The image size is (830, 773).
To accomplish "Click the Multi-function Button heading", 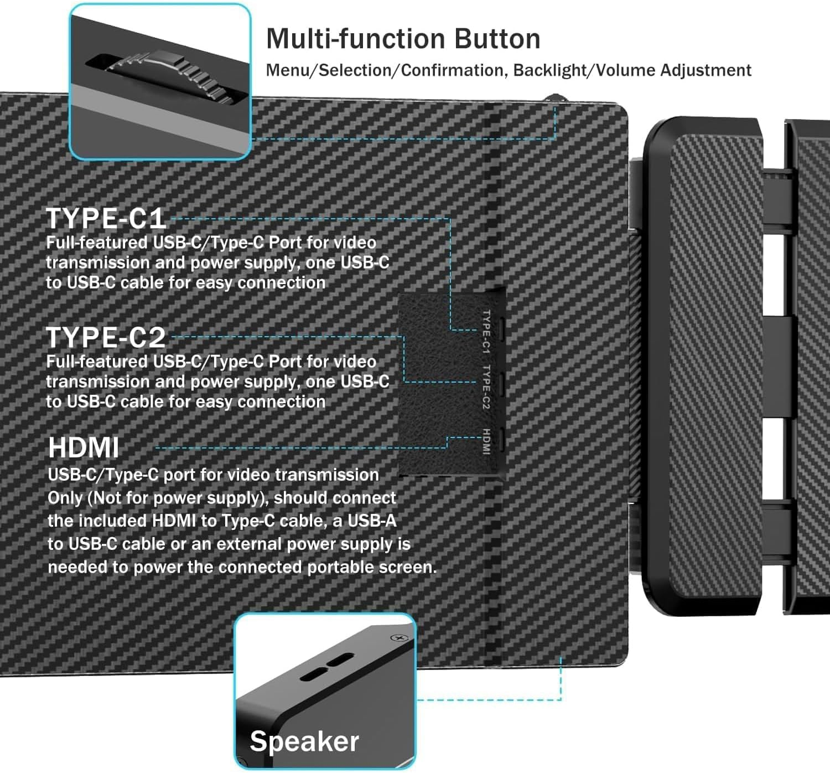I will click(x=403, y=39).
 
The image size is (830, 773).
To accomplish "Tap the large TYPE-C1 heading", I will click(x=106, y=218).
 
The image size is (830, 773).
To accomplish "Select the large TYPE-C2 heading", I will click(x=106, y=337).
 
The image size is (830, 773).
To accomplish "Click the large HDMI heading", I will click(x=84, y=447).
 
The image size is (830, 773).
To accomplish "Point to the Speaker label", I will click(x=304, y=741).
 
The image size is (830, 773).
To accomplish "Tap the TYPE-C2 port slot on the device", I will click(x=501, y=382).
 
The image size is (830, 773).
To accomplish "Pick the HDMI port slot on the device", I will click(x=501, y=441).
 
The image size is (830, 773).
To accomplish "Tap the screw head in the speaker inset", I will click(x=399, y=638).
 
